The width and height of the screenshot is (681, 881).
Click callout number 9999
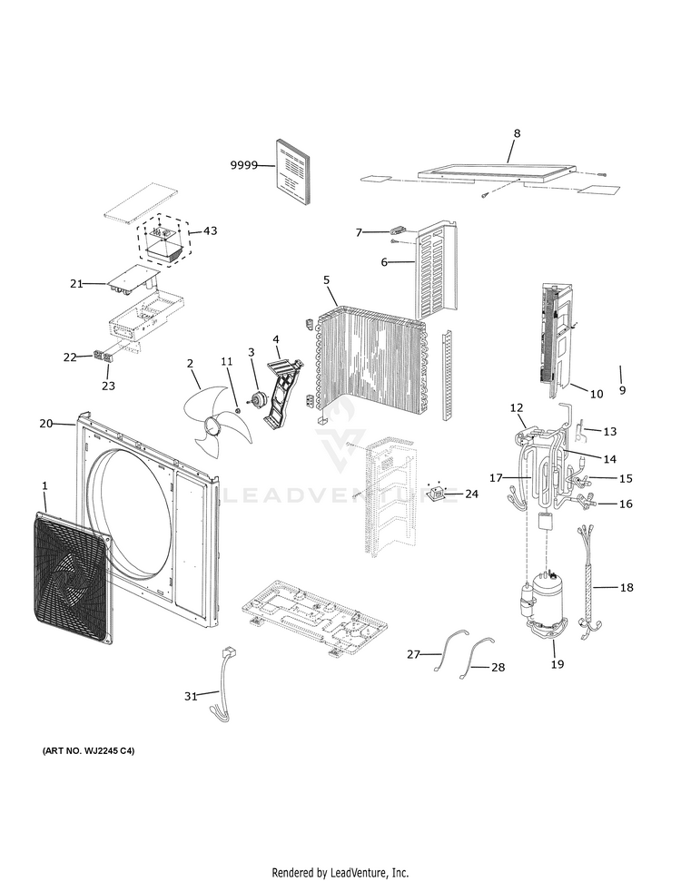pyautogui.click(x=242, y=165)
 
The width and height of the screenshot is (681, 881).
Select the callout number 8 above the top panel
pyautogui.click(x=517, y=133)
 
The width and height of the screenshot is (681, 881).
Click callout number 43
pyautogui.click(x=210, y=231)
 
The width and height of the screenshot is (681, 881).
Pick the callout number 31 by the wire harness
pyautogui.click(x=191, y=696)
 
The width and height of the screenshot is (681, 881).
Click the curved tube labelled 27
pyautogui.click(x=443, y=652)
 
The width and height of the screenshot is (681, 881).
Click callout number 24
pyautogui.click(x=470, y=494)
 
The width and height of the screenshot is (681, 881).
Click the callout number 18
pyautogui.click(x=627, y=588)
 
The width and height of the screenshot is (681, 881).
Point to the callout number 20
pyautogui.click(x=46, y=424)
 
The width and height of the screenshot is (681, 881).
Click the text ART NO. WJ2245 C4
pyautogui.click(x=88, y=752)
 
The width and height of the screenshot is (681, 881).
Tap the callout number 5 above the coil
pyautogui.click(x=326, y=280)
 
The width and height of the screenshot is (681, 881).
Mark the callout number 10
pyautogui.click(x=597, y=394)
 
